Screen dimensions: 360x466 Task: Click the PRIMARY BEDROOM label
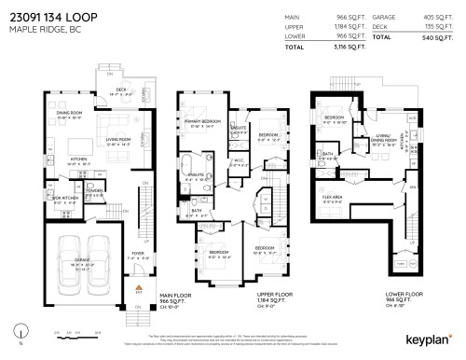pyautogui.click(x=201, y=122)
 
